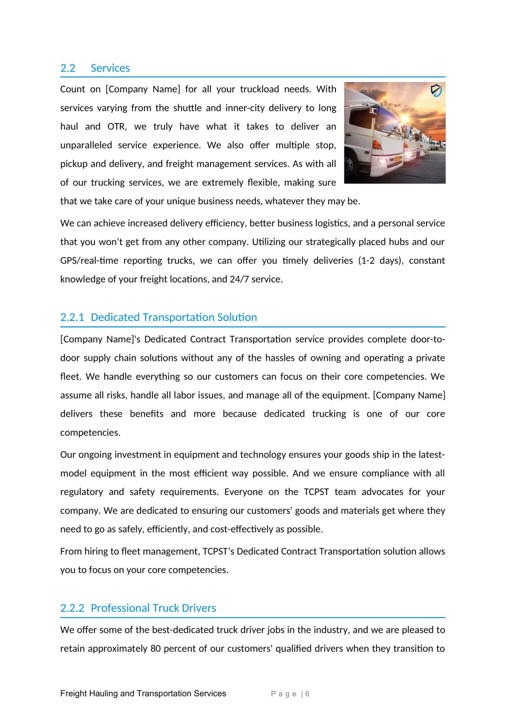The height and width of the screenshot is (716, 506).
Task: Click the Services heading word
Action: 110,68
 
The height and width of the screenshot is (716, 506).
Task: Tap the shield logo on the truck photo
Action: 436,90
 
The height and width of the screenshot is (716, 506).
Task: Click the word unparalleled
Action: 86,145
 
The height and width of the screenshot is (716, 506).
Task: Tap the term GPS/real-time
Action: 89,261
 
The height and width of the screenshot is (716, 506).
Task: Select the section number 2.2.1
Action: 72,317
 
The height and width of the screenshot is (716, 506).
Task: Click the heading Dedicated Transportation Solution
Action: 174,317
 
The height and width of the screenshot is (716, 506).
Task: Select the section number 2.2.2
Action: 72,608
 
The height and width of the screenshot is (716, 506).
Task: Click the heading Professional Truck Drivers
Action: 153,608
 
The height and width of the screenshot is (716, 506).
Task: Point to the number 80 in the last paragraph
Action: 156,648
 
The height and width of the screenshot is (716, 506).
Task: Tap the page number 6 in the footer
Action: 308,694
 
